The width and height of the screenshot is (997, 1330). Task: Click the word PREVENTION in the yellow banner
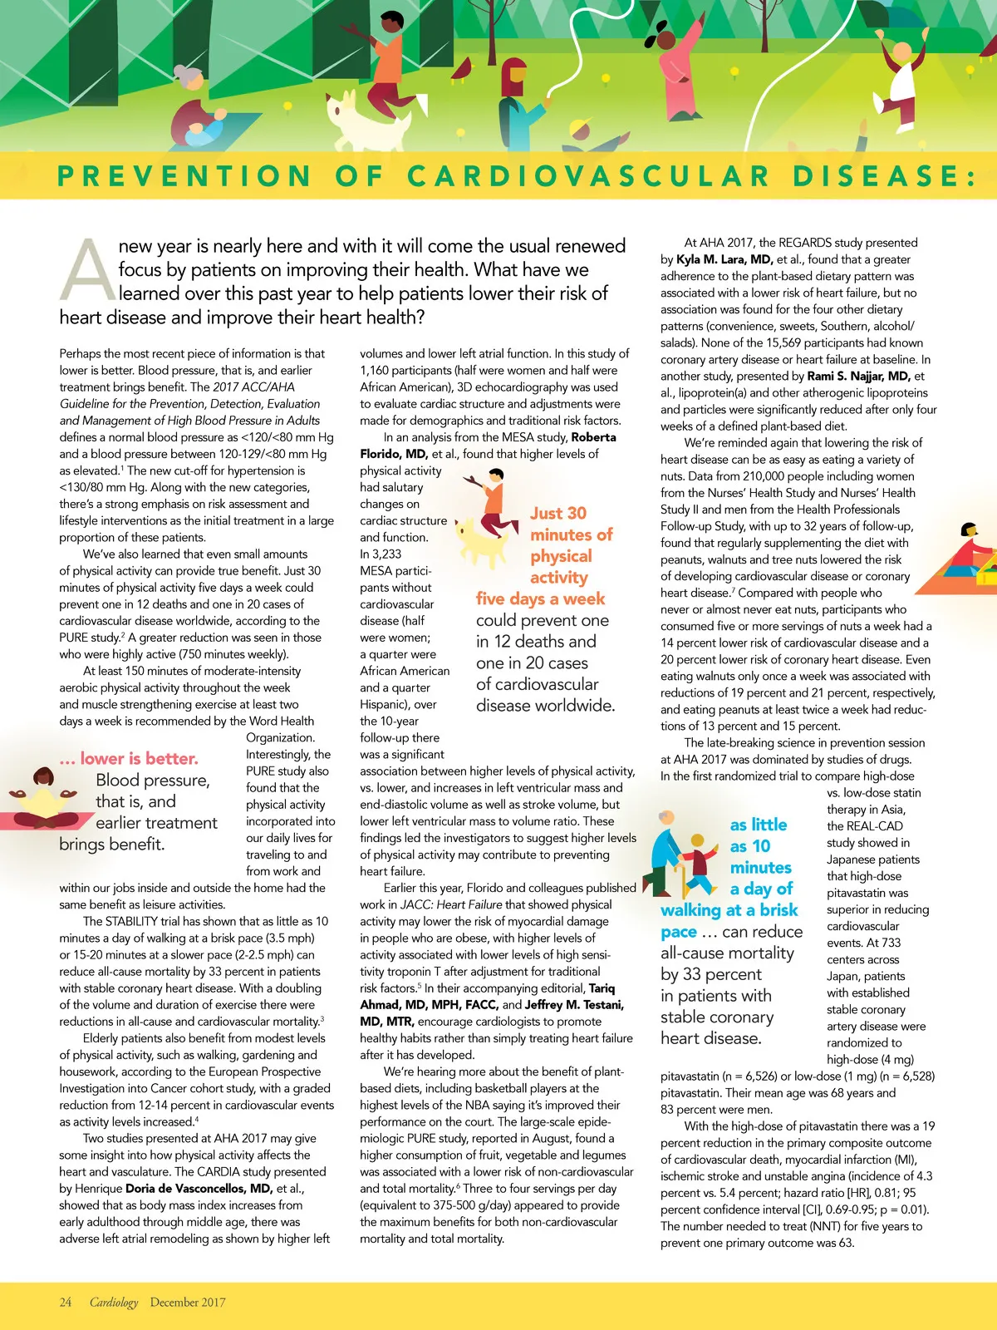[x=184, y=176]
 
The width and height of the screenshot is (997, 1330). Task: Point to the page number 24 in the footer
[x=66, y=1303]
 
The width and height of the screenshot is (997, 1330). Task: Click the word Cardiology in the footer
[x=114, y=1303]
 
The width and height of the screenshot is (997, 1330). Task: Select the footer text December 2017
[x=188, y=1303]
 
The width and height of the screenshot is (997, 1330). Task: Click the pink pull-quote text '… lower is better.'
[x=129, y=758]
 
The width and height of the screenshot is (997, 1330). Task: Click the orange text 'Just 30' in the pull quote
[x=558, y=514]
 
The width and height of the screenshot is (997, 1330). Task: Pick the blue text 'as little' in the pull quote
[x=759, y=825]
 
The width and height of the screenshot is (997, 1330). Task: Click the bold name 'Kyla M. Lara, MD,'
[x=724, y=259]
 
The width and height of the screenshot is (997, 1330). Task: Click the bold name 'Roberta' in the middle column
[x=593, y=437]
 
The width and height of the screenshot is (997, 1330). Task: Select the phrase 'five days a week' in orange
[x=540, y=599]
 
